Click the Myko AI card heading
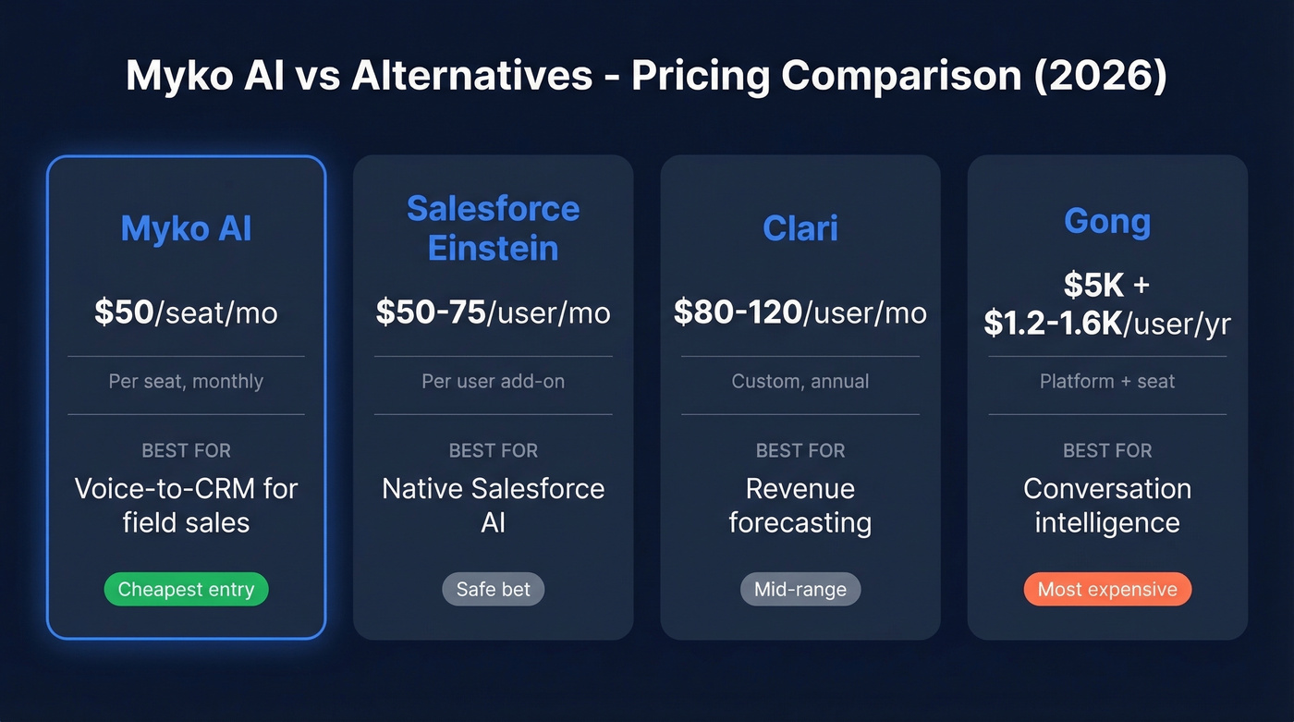(x=186, y=228)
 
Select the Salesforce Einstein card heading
(x=493, y=228)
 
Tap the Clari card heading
(x=800, y=228)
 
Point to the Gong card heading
(x=1106, y=221)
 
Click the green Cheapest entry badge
(x=186, y=590)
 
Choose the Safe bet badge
(x=493, y=590)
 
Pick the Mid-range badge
(x=800, y=590)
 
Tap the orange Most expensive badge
(x=1106, y=590)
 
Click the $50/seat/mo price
(x=186, y=312)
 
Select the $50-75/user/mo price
(x=493, y=312)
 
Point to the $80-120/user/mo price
(x=800, y=312)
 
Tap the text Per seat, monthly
(x=186, y=381)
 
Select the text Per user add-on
(x=493, y=381)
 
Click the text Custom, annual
(x=800, y=381)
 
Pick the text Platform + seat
(x=1106, y=381)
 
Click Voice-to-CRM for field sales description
(x=186, y=505)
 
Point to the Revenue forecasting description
(x=800, y=505)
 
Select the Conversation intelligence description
(x=1106, y=505)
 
